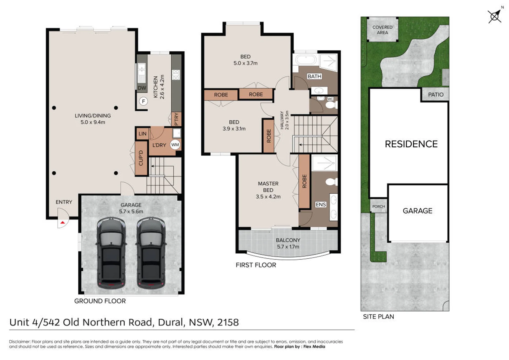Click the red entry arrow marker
[63, 223]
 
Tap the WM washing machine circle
[175, 145]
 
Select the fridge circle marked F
[143, 101]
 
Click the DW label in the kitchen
[142, 88]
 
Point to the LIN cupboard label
[142, 134]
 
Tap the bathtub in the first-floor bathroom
[306, 59]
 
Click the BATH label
[315, 76]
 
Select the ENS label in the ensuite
[321, 205]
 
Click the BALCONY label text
[288, 240]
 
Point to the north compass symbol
[495, 16]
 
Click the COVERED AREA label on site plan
[382, 30]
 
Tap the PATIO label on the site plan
[436, 94]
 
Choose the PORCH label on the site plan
[379, 206]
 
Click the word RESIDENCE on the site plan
[411, 144]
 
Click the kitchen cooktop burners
[176, 75]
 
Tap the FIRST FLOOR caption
[256, 265]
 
